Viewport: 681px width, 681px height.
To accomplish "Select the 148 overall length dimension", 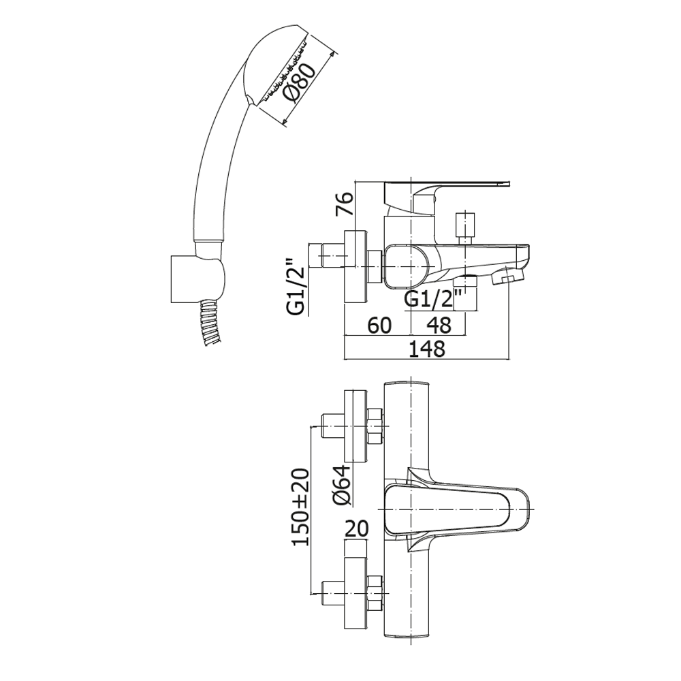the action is [427, 348].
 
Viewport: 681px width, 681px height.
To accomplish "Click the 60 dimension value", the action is [379, 326].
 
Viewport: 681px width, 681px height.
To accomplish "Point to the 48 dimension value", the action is [439, 326].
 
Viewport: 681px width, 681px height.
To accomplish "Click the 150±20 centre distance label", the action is [300, 507].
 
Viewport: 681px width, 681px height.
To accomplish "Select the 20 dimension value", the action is [356, 528].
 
